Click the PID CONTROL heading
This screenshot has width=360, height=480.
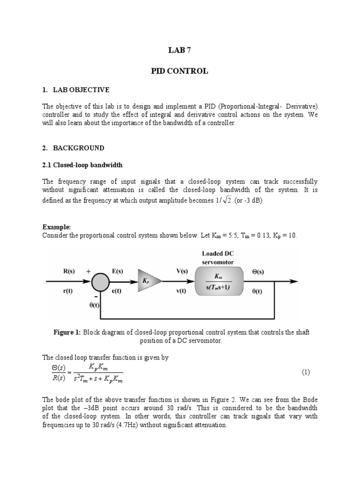(x=180, y=71)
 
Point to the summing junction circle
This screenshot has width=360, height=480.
(x=99, y=281)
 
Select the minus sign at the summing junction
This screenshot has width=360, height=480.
(x=96, y=297)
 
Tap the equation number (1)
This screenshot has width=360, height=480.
(x=306, y=372)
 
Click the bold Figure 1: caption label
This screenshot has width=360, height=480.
(x=67, y=332)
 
